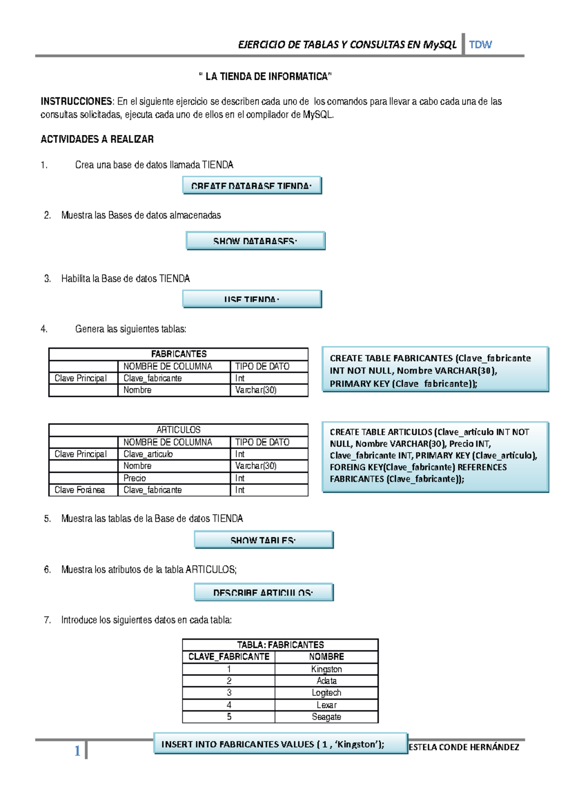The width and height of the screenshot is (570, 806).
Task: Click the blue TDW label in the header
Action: click(x=480, y=45)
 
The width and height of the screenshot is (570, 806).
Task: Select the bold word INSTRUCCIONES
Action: click(x=76, y=101)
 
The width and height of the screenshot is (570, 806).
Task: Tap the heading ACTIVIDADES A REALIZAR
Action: click(x=97, y=139)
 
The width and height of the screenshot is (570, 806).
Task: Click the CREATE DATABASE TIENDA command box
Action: click(x=252, y=185)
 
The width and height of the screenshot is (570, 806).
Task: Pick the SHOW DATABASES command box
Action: click(x=256, y=241)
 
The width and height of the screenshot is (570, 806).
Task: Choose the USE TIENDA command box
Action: click(x=252, y=299)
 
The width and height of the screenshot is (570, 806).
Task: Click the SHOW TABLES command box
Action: click(x=264, y=540)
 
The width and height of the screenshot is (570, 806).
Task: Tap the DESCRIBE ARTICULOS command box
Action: click(x=264, y=592)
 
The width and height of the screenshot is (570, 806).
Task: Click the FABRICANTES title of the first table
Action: click(x=179, y=354)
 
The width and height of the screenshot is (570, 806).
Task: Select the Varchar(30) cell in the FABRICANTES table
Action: click(x=256, y=390)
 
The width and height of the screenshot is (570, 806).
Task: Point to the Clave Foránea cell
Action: click(x=80, y=490)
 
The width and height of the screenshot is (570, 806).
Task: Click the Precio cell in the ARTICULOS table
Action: click(x=135, y=478)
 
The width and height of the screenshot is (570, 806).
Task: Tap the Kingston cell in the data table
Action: click(x=326, y=669)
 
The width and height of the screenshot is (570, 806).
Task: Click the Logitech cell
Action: click(x=326, y=693)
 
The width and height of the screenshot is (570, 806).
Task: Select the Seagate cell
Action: click(x=326, y=717)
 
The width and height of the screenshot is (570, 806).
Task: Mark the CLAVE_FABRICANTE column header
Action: click(x=228, y=657)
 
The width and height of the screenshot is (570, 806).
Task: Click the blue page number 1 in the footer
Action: click(x=77, y=751)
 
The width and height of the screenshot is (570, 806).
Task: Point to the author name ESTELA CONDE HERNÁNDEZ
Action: click(x=464, y=747)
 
